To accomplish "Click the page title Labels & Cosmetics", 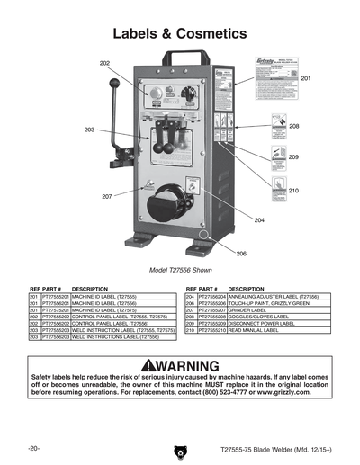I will [x=179, y=34].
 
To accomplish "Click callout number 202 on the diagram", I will [x=105, y=64].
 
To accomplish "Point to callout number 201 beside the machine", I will [x=305, y=80].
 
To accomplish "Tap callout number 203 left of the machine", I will [x=89, y=130].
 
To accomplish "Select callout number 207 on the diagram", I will [x=106, y=196].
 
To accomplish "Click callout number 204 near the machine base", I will [x=258, y=219].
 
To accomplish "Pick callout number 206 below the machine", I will [x=240, y=255].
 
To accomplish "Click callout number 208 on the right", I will [x=293, y=127].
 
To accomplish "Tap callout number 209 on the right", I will [x=293, y=157].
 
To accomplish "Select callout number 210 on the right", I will [x=293, y=191].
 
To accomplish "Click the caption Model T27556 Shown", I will [x=179, y=270].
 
